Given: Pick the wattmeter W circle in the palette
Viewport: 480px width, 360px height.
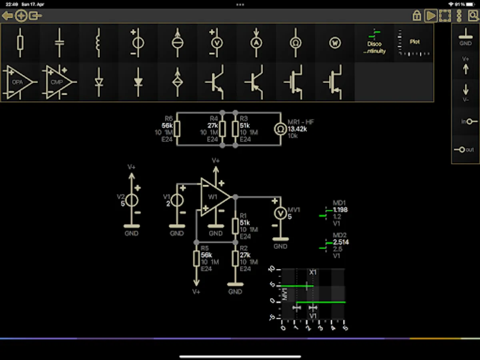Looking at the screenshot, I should point(335,43).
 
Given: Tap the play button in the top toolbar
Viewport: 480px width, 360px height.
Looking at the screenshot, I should point(431,16).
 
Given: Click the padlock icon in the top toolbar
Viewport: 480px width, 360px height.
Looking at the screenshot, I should point(417,16).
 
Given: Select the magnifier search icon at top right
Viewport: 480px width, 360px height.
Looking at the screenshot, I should point(473,16).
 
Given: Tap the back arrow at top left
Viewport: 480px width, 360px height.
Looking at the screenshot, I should point(7,16).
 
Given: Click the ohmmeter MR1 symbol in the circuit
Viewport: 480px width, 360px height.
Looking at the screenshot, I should point(280,129).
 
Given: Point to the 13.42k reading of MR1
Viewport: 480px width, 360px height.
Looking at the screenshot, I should point(297,129).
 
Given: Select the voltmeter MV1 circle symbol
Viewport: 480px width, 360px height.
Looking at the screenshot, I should point(280,213).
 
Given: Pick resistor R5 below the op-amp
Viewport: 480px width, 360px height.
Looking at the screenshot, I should point(196,258).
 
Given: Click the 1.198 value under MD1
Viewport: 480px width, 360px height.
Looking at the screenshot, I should point(340,210).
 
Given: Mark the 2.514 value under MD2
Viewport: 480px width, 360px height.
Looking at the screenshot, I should point(341,242).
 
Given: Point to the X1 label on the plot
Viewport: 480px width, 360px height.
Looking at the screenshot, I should point(313,272).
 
